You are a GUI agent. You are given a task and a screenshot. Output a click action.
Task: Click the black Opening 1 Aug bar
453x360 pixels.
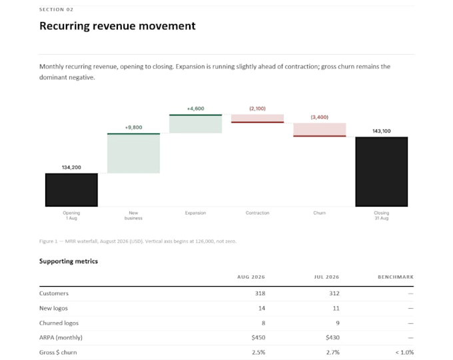71,190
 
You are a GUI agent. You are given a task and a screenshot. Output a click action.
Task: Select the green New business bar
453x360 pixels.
133,153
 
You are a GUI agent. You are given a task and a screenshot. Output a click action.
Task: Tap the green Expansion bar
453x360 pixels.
196,124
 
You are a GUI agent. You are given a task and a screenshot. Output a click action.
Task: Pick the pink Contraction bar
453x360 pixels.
257,119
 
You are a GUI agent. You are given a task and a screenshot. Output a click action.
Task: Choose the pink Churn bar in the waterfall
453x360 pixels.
320,130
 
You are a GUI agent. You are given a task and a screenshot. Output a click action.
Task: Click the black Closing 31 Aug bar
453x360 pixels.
382,171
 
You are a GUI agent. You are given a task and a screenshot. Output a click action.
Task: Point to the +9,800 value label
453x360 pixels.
133,127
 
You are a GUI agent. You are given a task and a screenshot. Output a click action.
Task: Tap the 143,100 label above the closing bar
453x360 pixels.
382,131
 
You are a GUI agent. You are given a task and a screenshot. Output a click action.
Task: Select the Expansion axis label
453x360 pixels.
196,213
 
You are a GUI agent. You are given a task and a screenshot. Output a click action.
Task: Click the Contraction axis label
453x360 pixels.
257,213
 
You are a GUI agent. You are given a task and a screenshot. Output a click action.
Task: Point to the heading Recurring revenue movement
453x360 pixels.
117,26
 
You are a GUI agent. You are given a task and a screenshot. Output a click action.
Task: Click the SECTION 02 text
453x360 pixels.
57,9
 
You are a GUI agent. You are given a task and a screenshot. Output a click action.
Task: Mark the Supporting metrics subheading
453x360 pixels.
69,261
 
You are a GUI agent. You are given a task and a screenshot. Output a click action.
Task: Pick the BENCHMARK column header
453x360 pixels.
396,277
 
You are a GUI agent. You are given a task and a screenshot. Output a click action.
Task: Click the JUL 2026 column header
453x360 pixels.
326,277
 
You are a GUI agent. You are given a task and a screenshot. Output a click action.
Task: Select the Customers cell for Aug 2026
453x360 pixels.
260,293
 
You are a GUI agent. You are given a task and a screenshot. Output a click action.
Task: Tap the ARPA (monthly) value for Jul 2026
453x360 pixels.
333,337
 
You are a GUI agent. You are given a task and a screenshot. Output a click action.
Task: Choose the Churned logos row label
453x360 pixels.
59,323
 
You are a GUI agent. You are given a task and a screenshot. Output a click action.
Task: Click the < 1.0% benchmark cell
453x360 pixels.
404,353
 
